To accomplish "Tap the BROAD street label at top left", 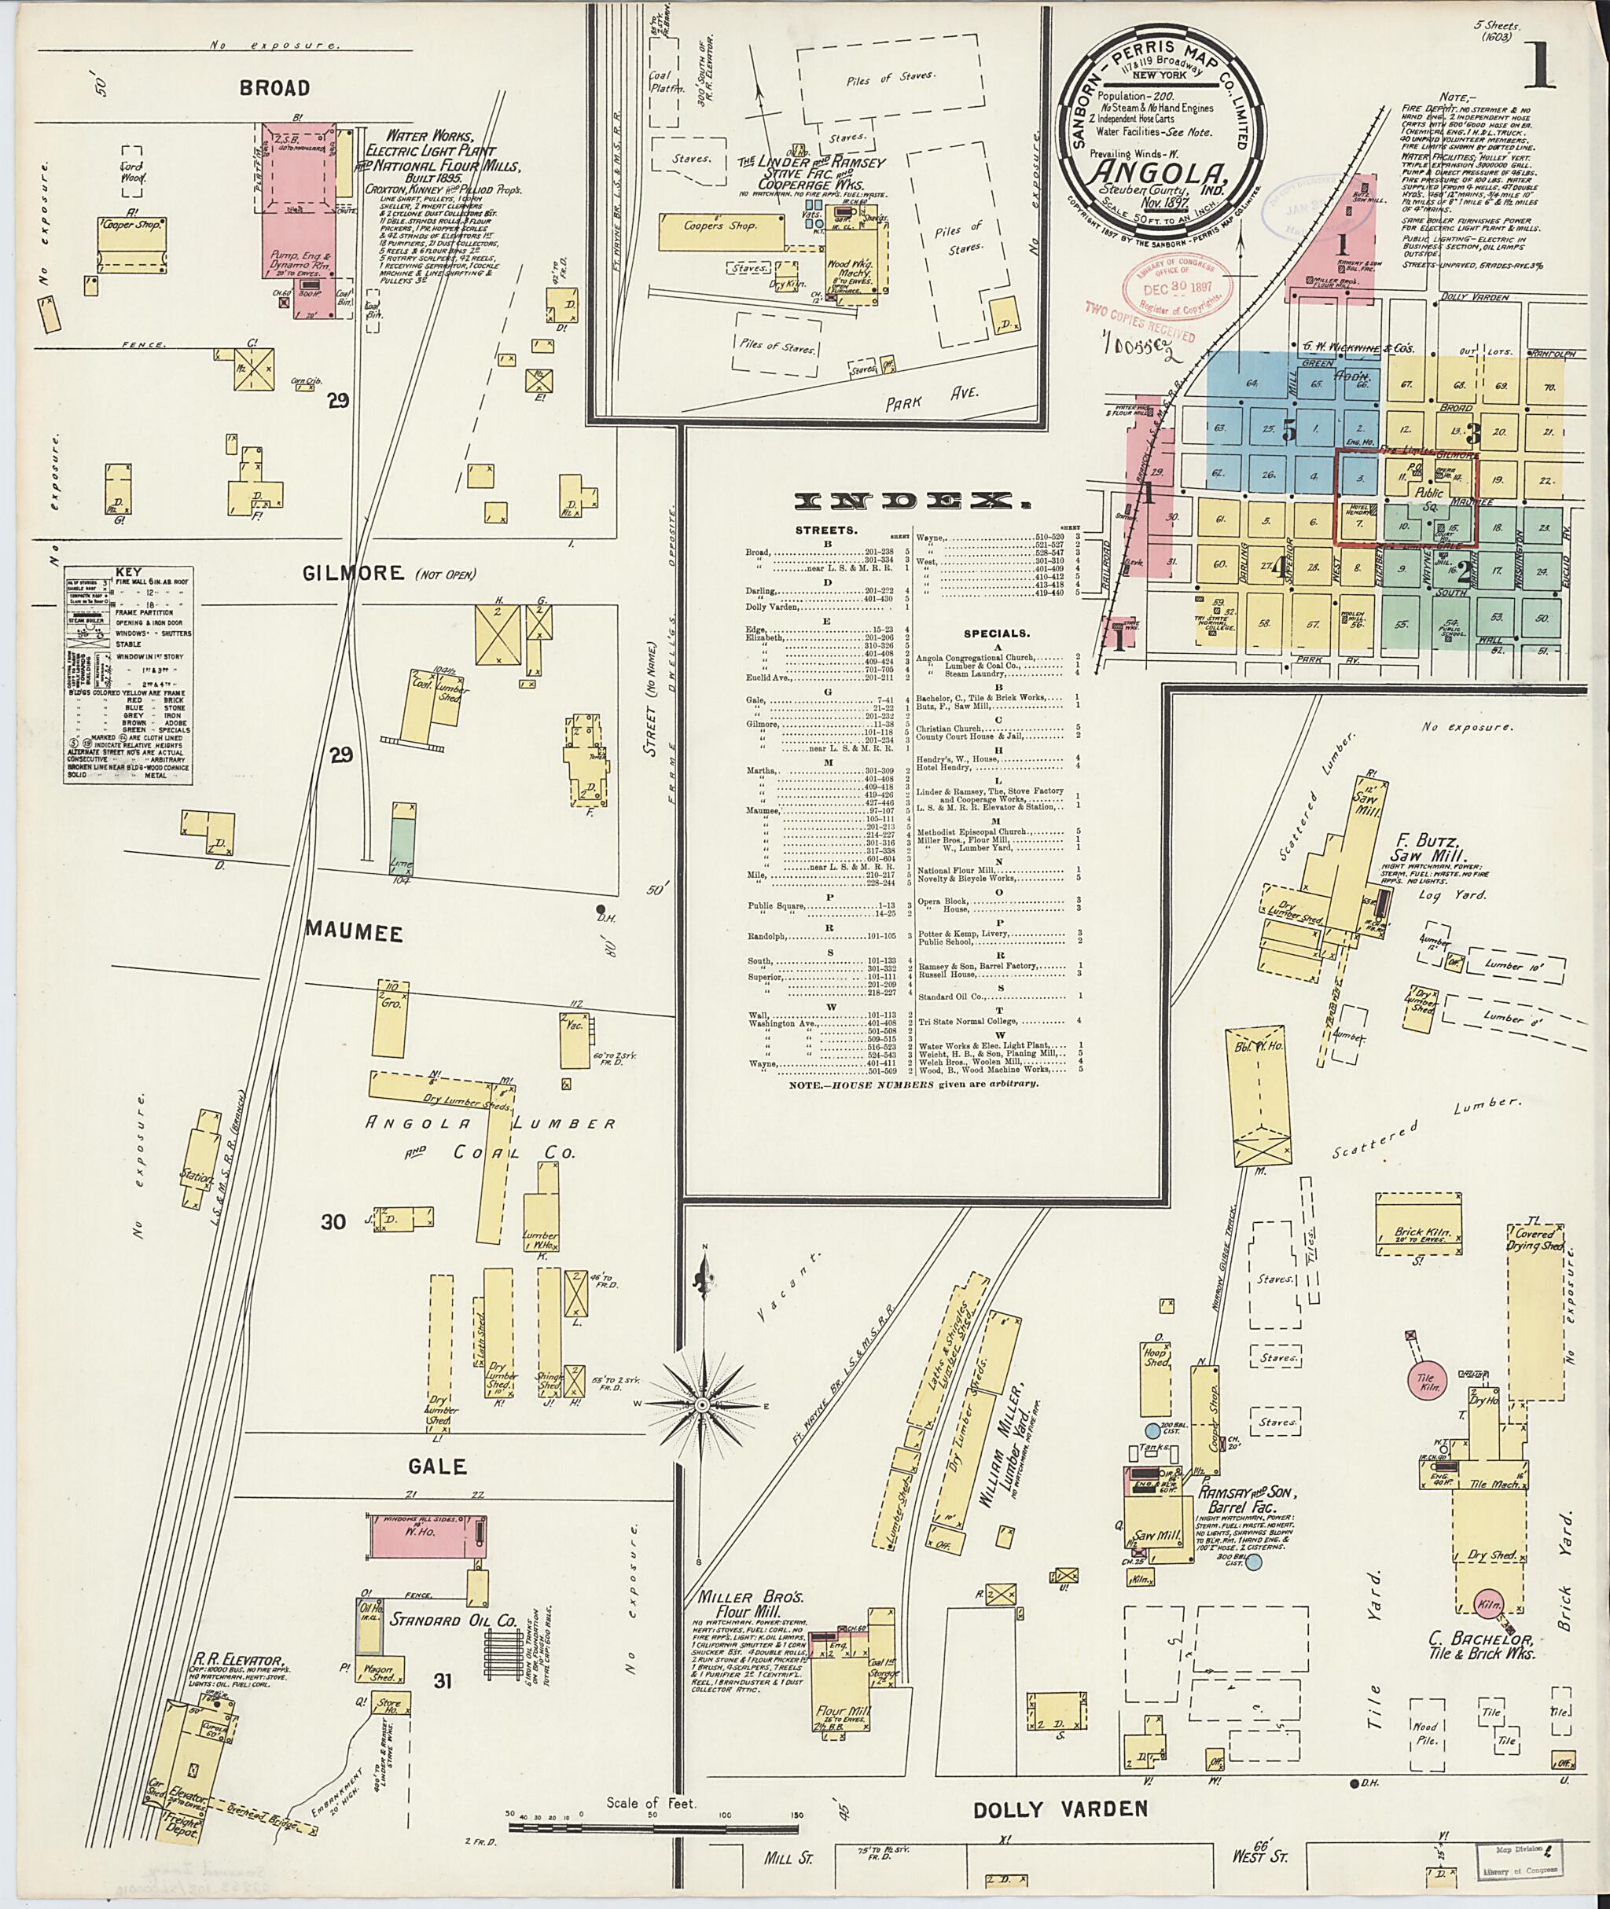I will pyautogui.click(x=274, y=89).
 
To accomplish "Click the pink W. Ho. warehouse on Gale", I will pyautogui.click(x=427, y=1537).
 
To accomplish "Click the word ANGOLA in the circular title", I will pyautogui.click(x=1162, y=171).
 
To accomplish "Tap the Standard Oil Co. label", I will pyautogui.click(x=440, y=1621).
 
